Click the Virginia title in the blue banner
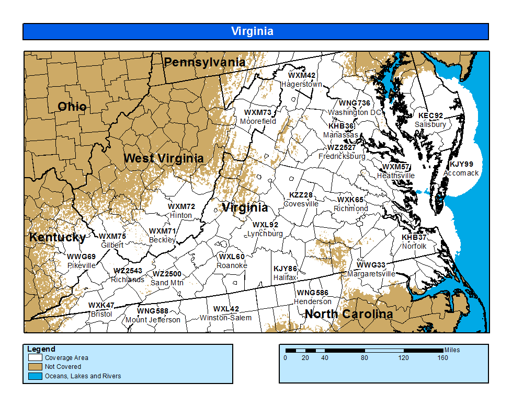pyautogui.click(x=252, y=31)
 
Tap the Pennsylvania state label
pyautogui.click(x=204, y=62)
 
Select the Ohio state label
pyautogui.click(x=72, y=107)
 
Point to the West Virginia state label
pyautogui.click(x=163, y=158)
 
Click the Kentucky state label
pyautogui.click(x=58, y=237)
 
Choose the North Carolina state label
pyautogui.click(x=348, y=314)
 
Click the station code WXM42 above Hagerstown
pyautogui.click(x=302, y=76)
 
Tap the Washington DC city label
pyautogui.click(x=355, y=112)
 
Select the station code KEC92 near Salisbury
pyautogui.click(x=430, y=116)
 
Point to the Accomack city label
pyautogui.click(x=461, y=173)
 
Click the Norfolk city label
pyautogui.click(x=414, y=246)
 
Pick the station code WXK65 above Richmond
pyautogui.click(x=350, y=200)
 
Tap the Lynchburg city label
pyautogui.click(x=265, y=234)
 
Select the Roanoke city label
pyautogui.click(x=232, y=265)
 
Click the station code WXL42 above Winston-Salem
pyautogui.click(x=226, y=309)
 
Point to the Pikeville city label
pyautogui.click(x=82, y=265)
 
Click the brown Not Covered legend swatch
pyautogui.click(x=36, y=367)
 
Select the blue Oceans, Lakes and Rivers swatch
pyautogui.click(x=36, y=376)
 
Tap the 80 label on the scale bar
pyautogui.click(x=365, y=358)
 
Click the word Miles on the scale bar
pyautogui.click(x=452, y=350)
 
